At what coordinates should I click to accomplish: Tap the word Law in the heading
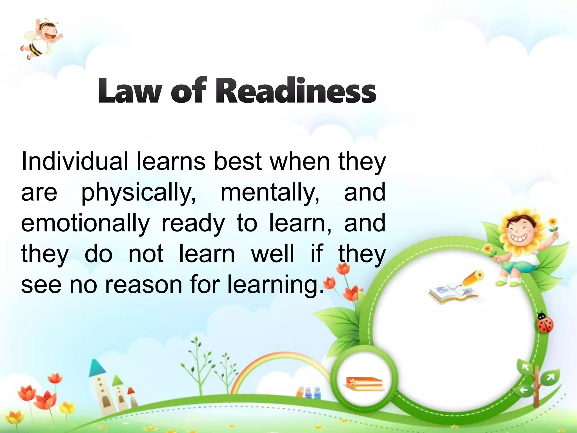pos(129,91)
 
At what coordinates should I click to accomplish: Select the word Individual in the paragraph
pos(74,161)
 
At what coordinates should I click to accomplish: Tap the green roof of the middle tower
pos(117,381)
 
